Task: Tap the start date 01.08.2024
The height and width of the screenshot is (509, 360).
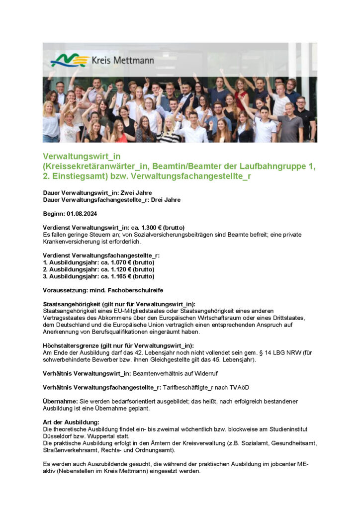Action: [x=82, y=214]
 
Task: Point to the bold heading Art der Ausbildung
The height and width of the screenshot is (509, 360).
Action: [x=72, y=422]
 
